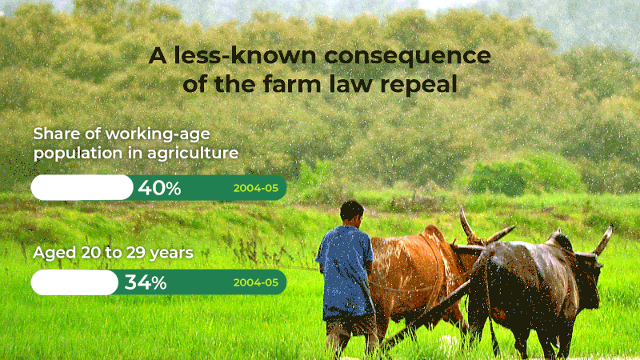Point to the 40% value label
coord(159,188)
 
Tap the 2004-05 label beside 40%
coord(255,189)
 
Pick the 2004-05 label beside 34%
coord(255,282)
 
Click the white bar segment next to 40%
coord(81,188)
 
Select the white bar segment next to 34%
coord(74,282)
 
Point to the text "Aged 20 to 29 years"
coord(113,253)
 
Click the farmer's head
coord(351,212)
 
